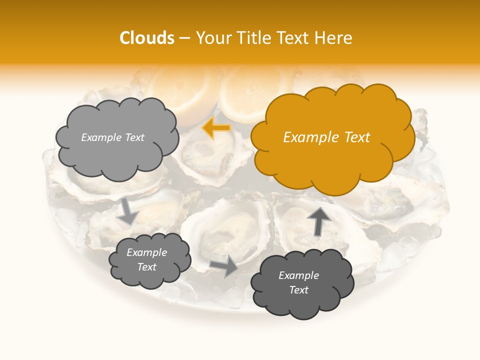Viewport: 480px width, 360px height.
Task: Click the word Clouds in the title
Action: (x=147, y=38)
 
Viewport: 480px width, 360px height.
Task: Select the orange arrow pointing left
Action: (x=216, y=128)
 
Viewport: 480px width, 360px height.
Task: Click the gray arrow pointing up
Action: (x=318, y=220)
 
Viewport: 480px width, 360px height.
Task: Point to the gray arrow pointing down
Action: (x=127, y=210)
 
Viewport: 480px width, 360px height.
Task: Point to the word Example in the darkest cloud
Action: (x=298, y=275)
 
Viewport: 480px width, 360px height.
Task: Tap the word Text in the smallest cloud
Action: (x=147, y=267)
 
